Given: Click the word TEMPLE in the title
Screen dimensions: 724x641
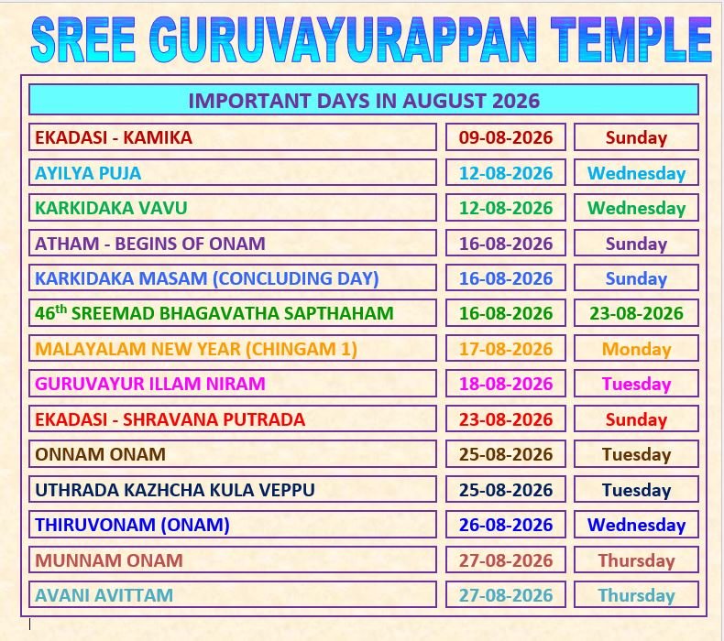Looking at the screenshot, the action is pos(631,39).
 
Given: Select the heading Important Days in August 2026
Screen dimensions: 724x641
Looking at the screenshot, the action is pos(364,101).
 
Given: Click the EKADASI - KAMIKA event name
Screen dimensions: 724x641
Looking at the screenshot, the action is pos(114,137).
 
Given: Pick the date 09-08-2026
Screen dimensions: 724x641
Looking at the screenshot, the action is pos(506,137).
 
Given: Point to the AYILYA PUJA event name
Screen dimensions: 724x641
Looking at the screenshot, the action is pos(88,173).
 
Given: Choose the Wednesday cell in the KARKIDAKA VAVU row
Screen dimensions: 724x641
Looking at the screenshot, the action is pos(636,208).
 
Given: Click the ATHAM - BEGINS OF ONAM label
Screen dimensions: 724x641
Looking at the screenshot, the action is pos(150,244).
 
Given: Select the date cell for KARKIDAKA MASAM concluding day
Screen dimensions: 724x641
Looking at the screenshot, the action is pos(506,278).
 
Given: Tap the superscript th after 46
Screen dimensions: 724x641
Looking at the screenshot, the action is pos(61,309).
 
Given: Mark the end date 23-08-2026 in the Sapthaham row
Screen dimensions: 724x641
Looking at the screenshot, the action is pos(636,313).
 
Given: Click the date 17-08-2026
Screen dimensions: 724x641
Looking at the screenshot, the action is pos(506,349).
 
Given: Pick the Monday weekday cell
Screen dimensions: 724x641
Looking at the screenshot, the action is pos(636,349).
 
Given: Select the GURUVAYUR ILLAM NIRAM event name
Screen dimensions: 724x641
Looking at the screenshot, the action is pos(150,384).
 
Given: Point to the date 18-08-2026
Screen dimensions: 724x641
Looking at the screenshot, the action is pos(506,384).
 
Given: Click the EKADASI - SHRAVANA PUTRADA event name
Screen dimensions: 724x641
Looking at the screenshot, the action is pos(170,419).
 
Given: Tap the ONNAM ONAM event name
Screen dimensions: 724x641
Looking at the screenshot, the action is pos(100,454).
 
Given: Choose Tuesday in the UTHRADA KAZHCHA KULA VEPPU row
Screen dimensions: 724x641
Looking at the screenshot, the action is pos(636,490).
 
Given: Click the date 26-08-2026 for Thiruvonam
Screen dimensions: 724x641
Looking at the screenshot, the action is pos(506,525).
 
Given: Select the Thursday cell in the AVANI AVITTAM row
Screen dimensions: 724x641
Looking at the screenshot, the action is pos(636,595).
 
